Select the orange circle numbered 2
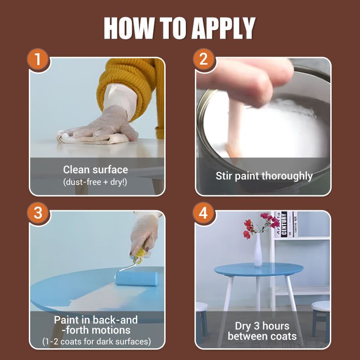(203, 59)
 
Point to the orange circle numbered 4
(203, 213)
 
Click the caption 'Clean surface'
(95, 170)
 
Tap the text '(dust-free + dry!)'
(95, 182)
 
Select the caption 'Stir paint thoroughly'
(264, 175)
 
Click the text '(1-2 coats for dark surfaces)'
(96, 342)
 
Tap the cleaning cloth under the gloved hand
(90, 139)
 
